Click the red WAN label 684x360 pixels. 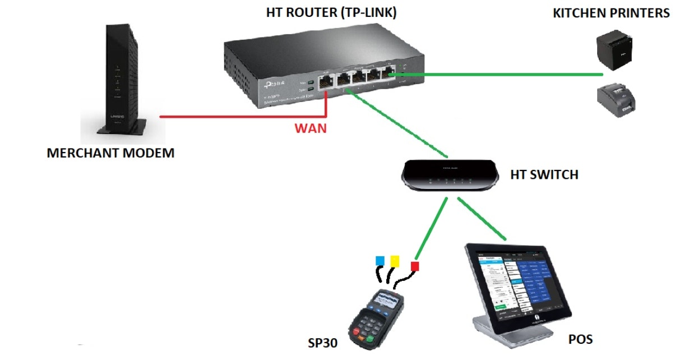coord(311,128)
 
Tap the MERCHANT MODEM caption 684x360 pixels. coord(110,153)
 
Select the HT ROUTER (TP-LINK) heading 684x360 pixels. coord(331,13)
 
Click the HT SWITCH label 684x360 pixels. coord(544,175)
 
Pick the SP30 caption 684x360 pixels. coord(322,342)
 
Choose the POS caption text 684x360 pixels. coord(580,339)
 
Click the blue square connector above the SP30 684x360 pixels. coord(380,260)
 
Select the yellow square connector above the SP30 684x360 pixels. coord(395,261)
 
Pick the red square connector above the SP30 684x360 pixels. coord(415,266)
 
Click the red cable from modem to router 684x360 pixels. coord(241,117)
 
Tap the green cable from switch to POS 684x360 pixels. coord(485,220)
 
